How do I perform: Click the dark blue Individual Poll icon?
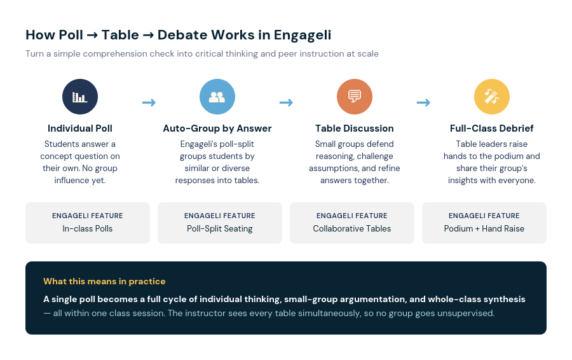[80, 97]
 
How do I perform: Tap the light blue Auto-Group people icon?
[217, 97]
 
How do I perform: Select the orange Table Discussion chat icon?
[355, 97]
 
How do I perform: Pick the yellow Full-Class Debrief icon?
[492, 97]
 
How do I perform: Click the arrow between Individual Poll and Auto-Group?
[149, 102]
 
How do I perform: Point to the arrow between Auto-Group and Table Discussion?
[286, 102]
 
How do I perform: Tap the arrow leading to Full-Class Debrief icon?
[423, 102]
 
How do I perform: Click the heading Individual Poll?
[80, 128]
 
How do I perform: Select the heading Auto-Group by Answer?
[217, 128]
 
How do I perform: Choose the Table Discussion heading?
[355, 128]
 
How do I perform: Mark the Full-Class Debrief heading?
[492, 128]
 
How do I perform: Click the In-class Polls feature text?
[88, 228]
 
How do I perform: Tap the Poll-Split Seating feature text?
[220, 228]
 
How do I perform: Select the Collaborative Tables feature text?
[352, 228]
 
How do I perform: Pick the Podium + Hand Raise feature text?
[484, 228]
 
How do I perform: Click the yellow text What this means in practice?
[104, 281]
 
